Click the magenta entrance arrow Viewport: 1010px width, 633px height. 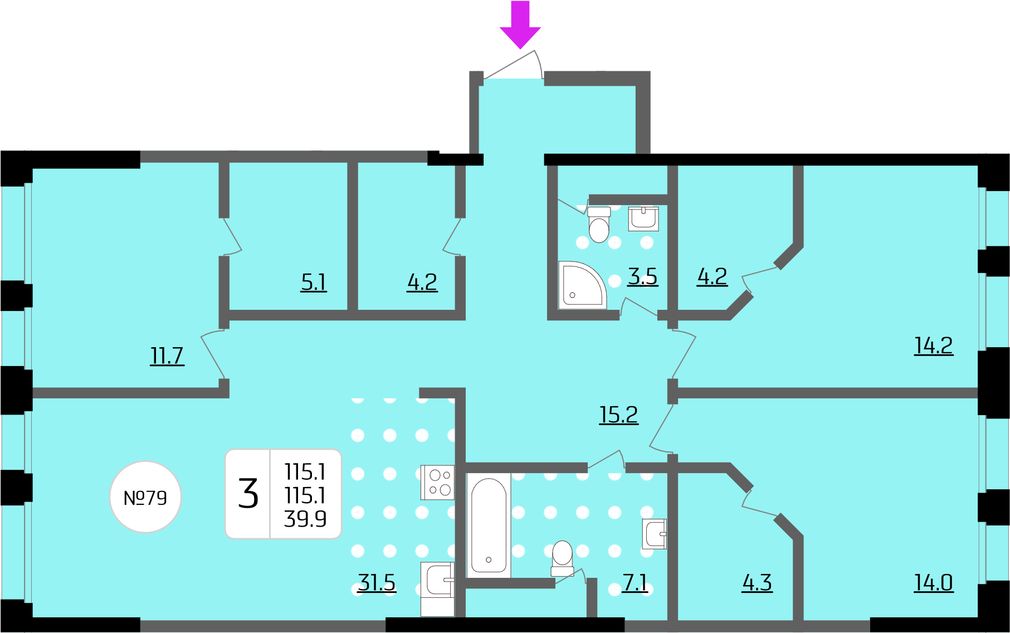click(520, 25)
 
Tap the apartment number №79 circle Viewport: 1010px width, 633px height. click(145, 497)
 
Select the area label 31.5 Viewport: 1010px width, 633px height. click(377, 583)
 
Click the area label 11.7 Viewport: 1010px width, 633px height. click(167, 356)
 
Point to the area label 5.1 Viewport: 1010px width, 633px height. click(314, 282)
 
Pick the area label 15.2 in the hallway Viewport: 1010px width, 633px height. click(618, 415)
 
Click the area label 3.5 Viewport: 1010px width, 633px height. click(643, 276)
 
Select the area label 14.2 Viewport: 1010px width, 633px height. click(934, 345)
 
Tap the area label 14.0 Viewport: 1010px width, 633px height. click(934, 583)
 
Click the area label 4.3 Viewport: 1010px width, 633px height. click(757, 583)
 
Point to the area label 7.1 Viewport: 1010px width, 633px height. click(635, 583)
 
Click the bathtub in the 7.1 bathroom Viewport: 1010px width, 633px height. click(489, 525)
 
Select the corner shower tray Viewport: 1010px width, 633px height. click(582, 285)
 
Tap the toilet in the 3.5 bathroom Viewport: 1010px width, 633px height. click(599, 225)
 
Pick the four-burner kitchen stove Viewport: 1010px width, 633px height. click(437, 483)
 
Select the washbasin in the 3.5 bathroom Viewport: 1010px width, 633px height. click(643, 218)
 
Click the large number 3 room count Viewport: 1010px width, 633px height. click(248, 494)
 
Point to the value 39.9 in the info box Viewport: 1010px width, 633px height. click(305, 519)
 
